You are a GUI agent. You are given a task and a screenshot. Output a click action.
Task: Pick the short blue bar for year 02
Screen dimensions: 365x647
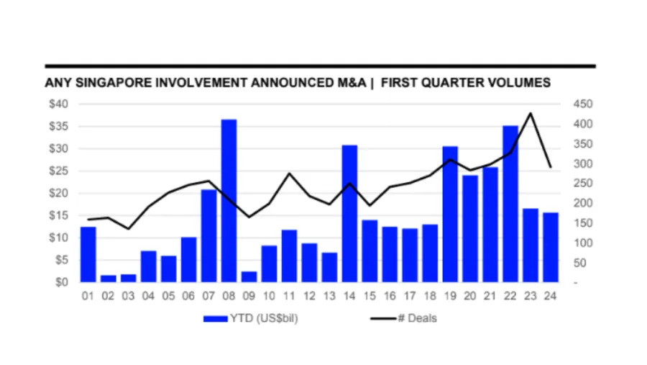click(109, 278)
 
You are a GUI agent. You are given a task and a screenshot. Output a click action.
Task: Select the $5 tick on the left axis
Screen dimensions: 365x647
click(60, 260)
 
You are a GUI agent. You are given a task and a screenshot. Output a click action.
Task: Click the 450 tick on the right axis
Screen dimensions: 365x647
click(582, 104)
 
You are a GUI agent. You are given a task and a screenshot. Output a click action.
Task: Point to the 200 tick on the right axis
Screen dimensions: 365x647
click(582, 203)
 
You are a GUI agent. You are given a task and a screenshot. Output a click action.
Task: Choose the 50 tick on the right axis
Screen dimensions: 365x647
click(580, 263)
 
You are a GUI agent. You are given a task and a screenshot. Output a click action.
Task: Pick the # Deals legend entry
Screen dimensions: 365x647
click(417, 318)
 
